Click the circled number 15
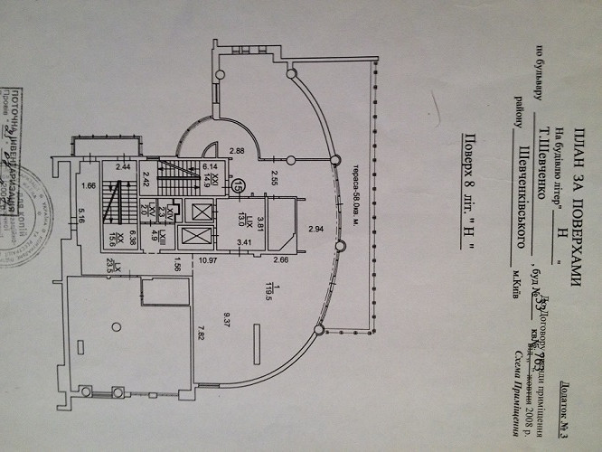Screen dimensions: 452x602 click(x=238, y=184)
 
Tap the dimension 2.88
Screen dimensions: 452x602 click(x=238, y=150)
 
